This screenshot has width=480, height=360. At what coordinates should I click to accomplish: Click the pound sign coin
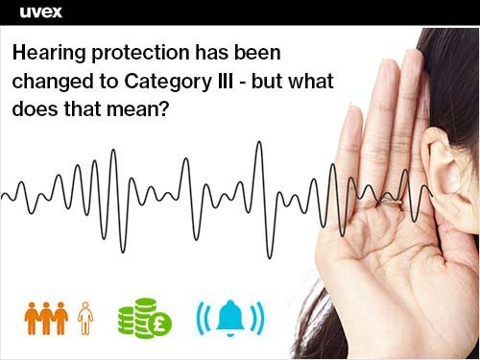tap(156, 324)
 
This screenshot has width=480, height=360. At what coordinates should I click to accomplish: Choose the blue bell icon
tap(229, 318)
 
